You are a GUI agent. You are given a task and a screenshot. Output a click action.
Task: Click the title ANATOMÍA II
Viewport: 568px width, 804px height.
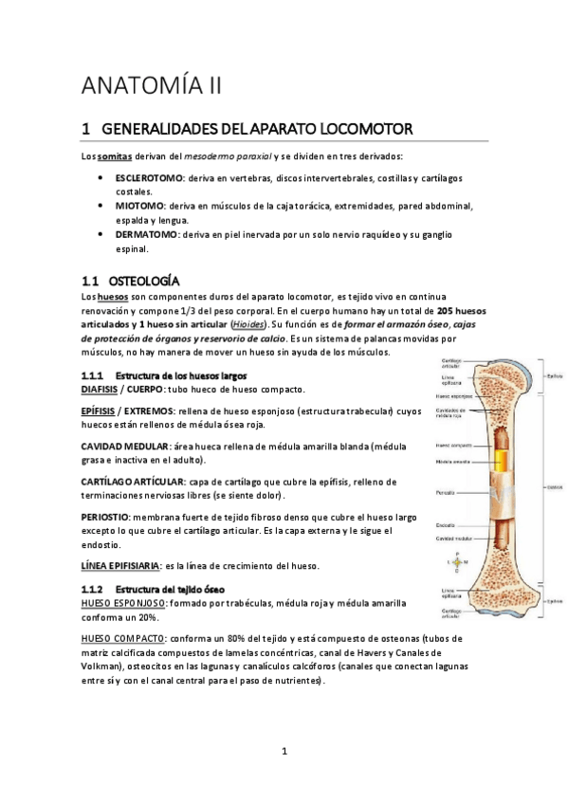152,87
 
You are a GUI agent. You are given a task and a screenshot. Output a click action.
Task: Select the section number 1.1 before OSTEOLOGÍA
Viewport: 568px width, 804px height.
91,282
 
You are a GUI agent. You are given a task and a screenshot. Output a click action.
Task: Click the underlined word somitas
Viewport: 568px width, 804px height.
116,155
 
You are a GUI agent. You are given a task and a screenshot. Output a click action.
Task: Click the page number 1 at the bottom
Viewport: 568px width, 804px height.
284,752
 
